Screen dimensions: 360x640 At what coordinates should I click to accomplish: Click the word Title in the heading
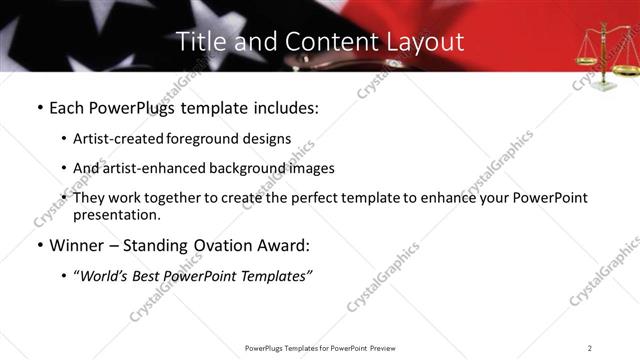(x=200, y=42)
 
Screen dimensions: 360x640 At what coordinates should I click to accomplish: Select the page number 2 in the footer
(x=590, y=347)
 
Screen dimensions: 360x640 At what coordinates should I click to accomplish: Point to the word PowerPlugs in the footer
(x=266, y=347)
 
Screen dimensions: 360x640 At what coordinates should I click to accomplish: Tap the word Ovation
(x=225, y=244)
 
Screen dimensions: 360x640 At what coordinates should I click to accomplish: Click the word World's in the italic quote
(x=107, y=275)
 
